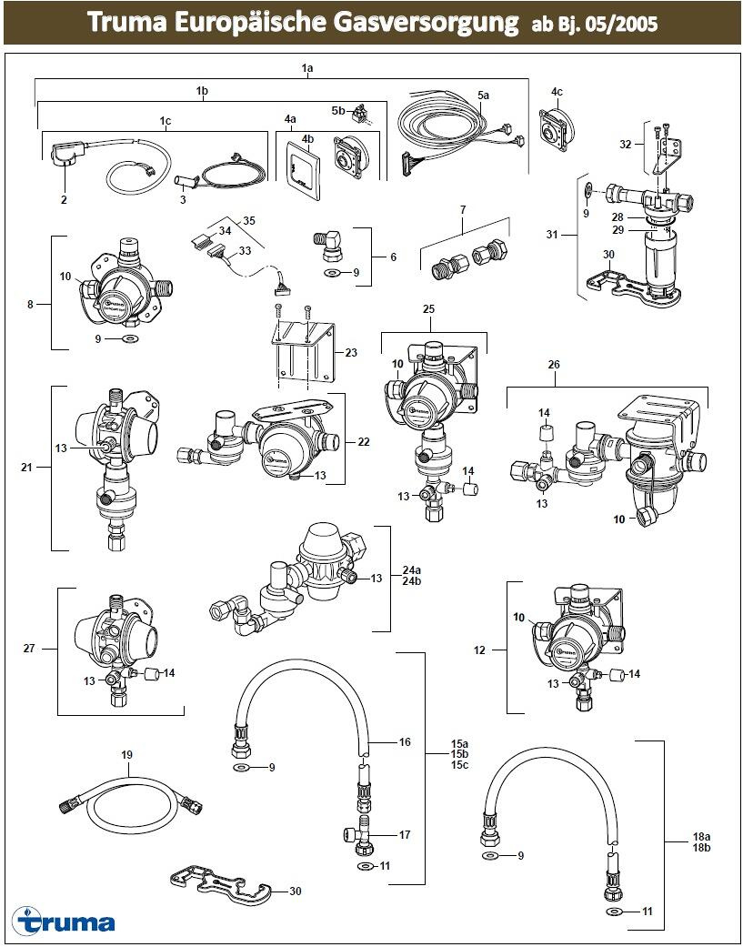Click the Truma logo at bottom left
(64, 922)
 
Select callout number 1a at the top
(307, 68)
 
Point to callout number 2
(65, 173)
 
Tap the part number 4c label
(557, 92)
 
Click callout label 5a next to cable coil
(483, 95)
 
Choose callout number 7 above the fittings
(462, 210)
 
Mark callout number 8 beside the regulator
(30, 305)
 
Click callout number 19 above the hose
(127, 755)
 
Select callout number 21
(27, 468)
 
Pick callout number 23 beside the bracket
(350, 352)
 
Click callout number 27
(28, 649)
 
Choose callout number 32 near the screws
(625, 144)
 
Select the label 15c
(460, 764)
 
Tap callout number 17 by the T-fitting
(406, 833)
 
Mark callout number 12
(480, 650)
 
